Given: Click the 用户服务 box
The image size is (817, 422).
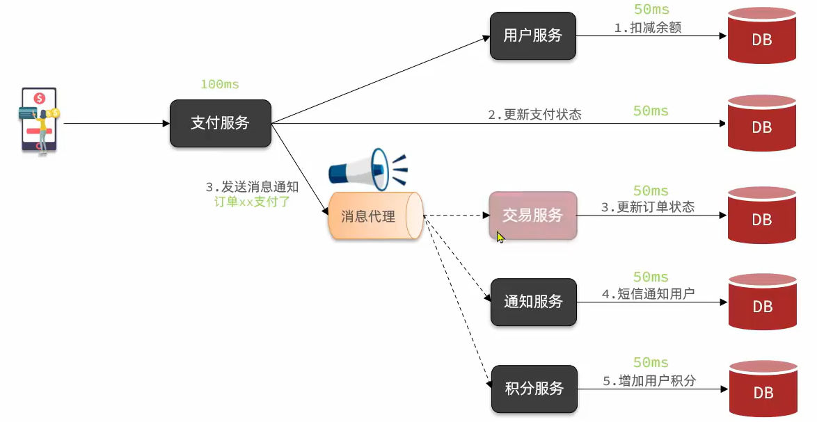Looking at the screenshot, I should coord(533,35).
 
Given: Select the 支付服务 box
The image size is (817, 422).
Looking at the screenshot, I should coord(220,123).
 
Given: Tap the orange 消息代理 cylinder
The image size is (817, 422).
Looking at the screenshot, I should coord(375,216).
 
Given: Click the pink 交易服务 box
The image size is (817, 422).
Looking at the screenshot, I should coord(533,216).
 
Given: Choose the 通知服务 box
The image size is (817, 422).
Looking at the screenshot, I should coord(534,302).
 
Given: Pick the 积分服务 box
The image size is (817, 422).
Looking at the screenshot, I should coord(534,388).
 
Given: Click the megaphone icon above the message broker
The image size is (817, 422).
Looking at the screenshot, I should coord(367,169).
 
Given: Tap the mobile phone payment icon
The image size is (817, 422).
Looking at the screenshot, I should coord(39,120).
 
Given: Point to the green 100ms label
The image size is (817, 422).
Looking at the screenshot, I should coord(219,84).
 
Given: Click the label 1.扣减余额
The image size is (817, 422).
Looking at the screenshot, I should coord(647,28).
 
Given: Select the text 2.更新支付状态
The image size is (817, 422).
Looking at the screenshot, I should coord(534,115).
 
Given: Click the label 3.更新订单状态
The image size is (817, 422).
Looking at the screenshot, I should coord(647,207).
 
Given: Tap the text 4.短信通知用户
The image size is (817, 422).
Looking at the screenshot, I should coord(648,293).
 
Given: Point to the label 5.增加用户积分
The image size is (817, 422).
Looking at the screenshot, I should coord(649,380).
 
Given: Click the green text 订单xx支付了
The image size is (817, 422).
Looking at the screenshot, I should coord(253,202).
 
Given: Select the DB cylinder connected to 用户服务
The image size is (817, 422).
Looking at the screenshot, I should coord(761,38).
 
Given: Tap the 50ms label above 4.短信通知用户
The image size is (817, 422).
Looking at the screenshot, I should coord(651,277).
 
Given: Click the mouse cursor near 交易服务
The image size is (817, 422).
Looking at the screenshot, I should coord(500,237).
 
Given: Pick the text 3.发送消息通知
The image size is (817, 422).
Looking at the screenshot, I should coord(252,187).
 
